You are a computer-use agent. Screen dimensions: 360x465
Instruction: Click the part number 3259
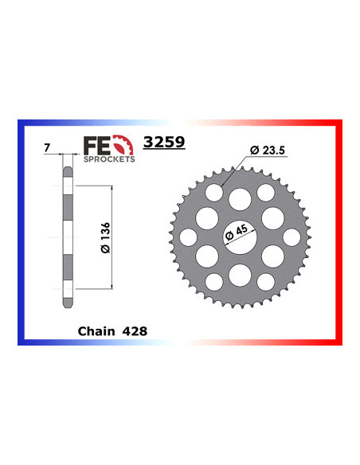(x=164, y=142)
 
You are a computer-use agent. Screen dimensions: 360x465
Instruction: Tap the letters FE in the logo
(x=97, y=146)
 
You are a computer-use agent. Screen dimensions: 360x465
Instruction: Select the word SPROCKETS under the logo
(x=109, y=159)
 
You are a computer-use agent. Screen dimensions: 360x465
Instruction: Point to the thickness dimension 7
(x=47, y=147)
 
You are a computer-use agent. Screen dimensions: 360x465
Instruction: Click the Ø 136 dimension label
(x=105, y=237)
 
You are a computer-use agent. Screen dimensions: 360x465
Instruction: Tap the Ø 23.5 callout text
(x=267, y=150)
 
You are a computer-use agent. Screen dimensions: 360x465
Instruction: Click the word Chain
(x=96, y=331)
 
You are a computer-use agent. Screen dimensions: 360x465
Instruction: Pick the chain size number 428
(x=135, y=331)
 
